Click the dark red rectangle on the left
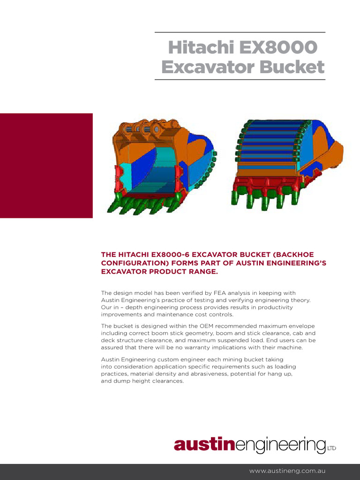pos(46,165)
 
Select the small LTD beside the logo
pos(331,449)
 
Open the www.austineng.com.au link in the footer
pos(287,471)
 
